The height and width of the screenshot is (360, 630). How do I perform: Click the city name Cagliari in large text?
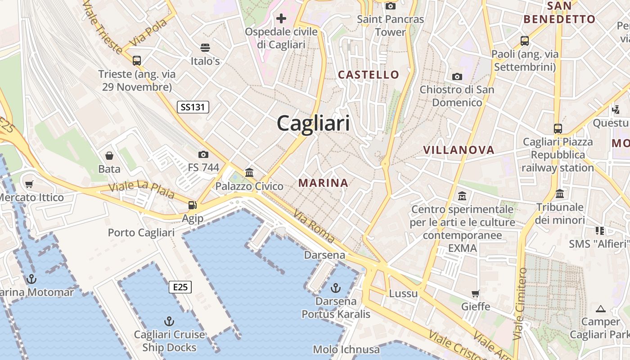(313, 123)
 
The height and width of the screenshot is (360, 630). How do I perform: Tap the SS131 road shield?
(193, 107)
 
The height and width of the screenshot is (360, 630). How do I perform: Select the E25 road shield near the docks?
(180, 287)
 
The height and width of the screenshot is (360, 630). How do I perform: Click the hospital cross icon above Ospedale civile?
(281, 18)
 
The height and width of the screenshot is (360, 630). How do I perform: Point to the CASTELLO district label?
(369, 75)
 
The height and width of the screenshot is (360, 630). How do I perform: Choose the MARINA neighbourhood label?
(323, 183)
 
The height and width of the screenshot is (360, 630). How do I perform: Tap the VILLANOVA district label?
(459, 150)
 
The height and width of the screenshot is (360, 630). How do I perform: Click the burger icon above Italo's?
(205, 48)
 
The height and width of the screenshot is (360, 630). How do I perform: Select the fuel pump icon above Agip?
(193, 205)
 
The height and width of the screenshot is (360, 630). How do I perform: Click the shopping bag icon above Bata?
(109, 156)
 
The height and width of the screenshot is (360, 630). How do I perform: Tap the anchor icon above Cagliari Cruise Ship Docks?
(169, 321)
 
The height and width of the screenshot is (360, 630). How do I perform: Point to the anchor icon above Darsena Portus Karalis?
(336, 288)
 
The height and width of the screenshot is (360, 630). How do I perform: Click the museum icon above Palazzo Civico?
(249, 172)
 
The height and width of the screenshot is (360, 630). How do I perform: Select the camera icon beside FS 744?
(203, 154)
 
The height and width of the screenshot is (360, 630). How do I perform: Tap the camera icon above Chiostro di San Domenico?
(457, 76)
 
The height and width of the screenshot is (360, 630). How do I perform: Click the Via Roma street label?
(314, 226)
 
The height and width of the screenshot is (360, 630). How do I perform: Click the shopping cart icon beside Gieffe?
(476, 294)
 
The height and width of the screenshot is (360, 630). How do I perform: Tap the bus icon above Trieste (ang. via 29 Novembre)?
(137, 60)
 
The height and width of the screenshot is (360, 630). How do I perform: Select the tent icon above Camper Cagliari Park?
(600, 309)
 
